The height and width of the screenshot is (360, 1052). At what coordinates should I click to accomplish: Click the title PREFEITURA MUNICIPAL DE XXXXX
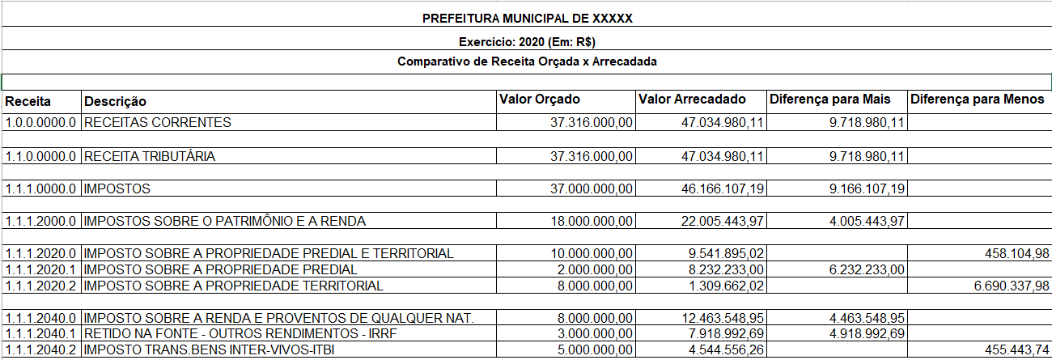(527, 19)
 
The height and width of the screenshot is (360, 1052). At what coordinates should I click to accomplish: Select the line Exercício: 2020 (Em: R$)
(527, 42)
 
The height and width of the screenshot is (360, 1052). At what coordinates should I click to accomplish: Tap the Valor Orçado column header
(540, 100)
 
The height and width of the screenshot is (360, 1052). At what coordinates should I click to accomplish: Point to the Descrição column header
(116, 102)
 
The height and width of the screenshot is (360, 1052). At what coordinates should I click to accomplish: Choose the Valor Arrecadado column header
(692, 100)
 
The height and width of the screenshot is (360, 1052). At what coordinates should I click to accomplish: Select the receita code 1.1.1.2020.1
(40, 269)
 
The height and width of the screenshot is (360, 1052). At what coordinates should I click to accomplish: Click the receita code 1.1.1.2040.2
(40, 350)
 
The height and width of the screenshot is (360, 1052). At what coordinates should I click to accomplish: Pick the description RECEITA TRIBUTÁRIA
(150, 156)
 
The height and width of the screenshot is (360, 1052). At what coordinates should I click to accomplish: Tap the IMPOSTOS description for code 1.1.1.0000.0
(117, 188)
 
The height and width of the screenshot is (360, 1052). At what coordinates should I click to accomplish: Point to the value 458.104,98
(1011, 254)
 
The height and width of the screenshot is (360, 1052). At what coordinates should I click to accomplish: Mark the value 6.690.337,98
(1003, 286)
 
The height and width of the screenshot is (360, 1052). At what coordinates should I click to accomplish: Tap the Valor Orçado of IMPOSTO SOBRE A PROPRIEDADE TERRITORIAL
(590, 286)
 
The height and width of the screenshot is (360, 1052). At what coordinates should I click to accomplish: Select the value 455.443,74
(1011, 350)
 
